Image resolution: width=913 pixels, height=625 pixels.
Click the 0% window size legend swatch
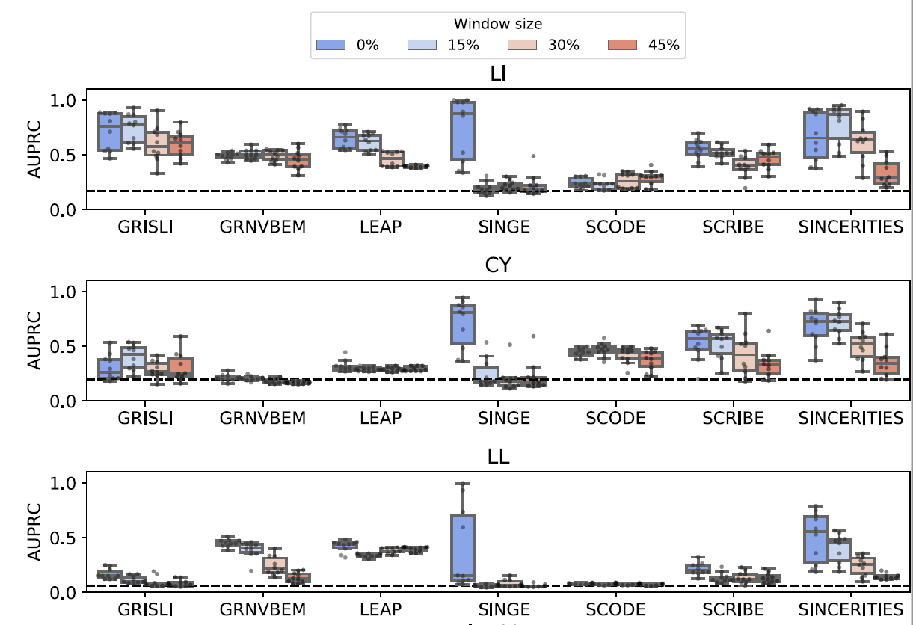click(331, 45)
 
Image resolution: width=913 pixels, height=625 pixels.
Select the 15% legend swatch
click(422, 45)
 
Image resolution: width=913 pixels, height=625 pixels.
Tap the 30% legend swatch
click(522, 45)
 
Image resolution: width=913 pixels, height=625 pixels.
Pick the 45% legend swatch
click(622, 45)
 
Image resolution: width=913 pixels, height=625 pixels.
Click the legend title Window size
click(498, 24)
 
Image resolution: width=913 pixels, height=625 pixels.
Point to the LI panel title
click(498, 74)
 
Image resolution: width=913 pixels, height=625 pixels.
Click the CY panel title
click(498, 265)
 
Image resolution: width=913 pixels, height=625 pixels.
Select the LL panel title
click(498, 457)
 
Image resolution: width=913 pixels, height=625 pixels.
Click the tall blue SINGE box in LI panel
click(463, 130)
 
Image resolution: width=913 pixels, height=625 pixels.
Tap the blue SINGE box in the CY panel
click(463, 324)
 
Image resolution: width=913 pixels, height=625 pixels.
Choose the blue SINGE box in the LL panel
click(463, 549)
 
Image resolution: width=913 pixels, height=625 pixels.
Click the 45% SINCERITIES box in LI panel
click(886, 174)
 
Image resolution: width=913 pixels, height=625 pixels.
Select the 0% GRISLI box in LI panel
click(110, 132)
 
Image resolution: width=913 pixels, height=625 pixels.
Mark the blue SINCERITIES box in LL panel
click(816, 540)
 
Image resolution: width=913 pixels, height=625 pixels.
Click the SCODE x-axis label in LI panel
click(615, 227)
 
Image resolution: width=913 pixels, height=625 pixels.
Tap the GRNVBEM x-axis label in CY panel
click(263, 419)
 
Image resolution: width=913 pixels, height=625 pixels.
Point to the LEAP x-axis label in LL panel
click(381, 610)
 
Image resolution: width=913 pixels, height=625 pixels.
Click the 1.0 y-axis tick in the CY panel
click(63, 292)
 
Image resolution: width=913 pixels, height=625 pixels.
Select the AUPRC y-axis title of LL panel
click(34, 532)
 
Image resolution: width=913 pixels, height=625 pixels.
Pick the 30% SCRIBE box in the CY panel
click(745, 357)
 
